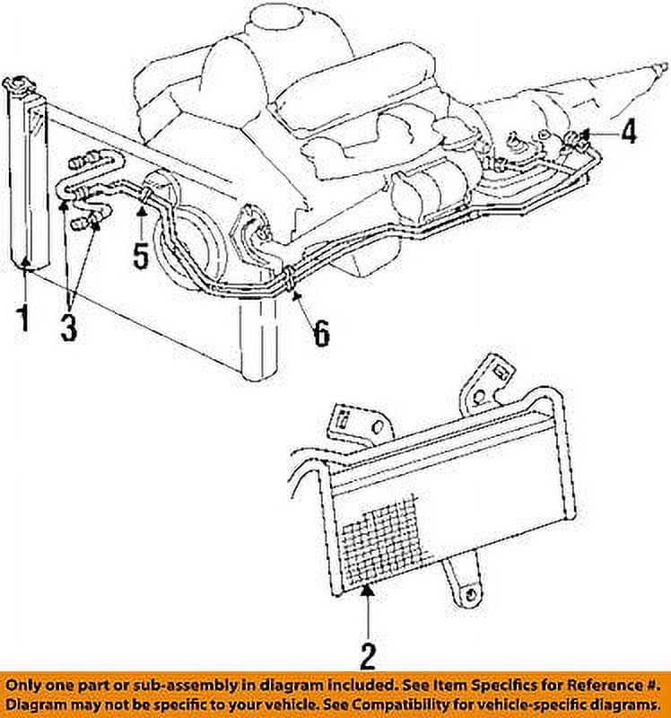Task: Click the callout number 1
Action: [x=24, y=319]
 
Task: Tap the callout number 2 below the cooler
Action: [x=368, y=655]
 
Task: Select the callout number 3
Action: [x=69, y=325]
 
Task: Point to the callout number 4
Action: [x=629, y=132]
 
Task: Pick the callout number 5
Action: [x=140, y=254]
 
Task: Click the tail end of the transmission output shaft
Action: [x=662, y=66]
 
